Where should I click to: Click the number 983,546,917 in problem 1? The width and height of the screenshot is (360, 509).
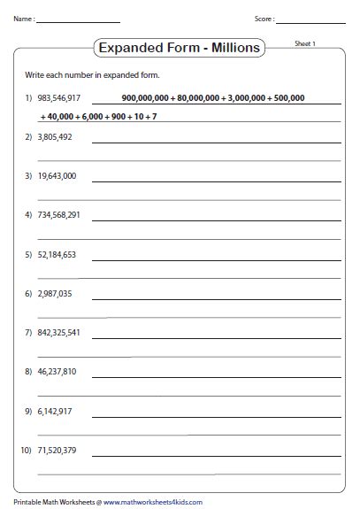point(59,98)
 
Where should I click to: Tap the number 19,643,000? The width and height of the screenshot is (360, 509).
point(57,175)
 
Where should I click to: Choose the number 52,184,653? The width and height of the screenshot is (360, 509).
point(57,254)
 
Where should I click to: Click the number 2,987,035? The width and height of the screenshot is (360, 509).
point(55,293)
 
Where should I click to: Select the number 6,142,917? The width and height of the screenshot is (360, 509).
point(55,411)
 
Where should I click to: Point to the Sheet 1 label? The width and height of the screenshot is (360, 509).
point(304,43)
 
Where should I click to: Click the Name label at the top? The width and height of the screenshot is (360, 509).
point(23,18)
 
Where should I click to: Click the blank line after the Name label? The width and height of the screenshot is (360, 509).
point(78,20)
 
